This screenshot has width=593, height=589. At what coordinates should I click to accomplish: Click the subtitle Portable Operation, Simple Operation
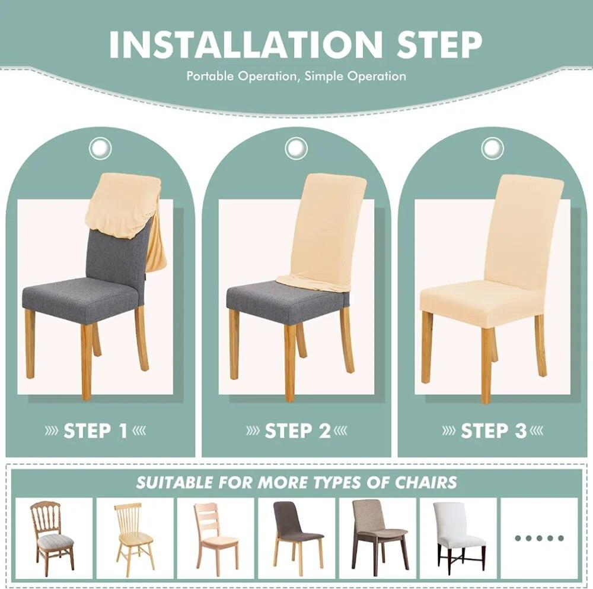296,76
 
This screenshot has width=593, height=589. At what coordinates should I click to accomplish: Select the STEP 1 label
95,430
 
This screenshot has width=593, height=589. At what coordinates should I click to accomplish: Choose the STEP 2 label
297,430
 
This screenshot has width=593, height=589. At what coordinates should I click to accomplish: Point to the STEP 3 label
493,430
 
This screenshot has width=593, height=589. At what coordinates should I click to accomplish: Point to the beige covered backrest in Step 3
523,229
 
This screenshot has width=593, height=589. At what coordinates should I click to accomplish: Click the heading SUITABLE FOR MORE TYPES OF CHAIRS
296,482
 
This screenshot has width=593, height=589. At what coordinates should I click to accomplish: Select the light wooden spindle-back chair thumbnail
133,537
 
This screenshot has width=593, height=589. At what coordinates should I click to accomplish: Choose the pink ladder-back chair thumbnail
215,537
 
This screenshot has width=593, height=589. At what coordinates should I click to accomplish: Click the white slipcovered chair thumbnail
458,537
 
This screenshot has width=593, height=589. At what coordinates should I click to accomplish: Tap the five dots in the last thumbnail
538,538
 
